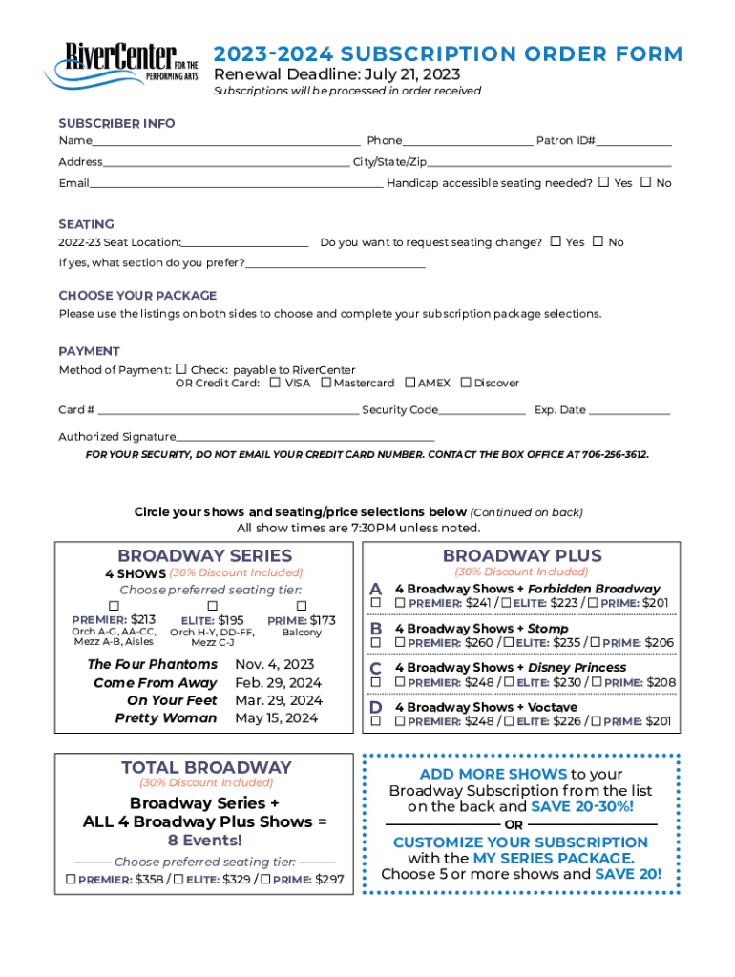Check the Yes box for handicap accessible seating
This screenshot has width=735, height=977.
point(603,182)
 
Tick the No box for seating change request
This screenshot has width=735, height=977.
point(598,241)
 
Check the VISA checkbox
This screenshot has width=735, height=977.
point(275,383)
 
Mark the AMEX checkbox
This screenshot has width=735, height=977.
point(410,383)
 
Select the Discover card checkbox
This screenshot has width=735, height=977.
point(466,383)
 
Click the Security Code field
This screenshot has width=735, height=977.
point(482,411)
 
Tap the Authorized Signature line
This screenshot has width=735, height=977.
point(305,438)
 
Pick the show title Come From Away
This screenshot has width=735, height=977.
point(156,683)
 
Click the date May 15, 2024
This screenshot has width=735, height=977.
point(277,718)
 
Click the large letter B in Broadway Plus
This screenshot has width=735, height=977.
point(376,629)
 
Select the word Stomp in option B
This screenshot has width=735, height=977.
point(548,629)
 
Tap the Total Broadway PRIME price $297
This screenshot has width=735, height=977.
point(329,880)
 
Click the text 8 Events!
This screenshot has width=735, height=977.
point(205,841)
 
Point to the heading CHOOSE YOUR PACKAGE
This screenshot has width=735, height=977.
point(137,296)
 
